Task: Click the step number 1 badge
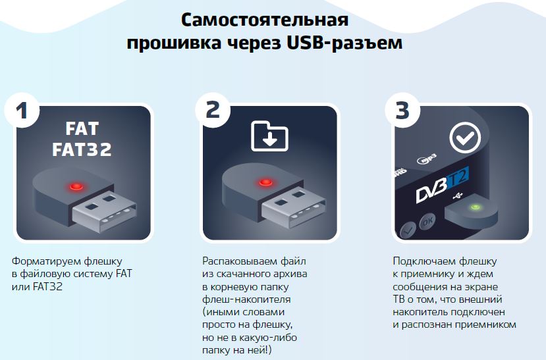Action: [x=22, y=111]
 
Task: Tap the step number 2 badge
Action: [x=213, y=111]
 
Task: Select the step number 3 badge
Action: [x=402, y=111]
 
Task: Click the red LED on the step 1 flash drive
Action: [x=76, y=186]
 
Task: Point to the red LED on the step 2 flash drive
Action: [x=265, y=182]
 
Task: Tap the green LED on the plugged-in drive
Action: [x=476, y=208]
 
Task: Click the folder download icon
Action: [x=269, y=136]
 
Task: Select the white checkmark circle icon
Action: [x=465, y=138]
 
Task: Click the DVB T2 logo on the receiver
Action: [x=442, y=184]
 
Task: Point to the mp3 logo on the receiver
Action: [x=427, y=159]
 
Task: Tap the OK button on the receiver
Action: [x=427, y=221]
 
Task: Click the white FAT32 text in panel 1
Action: [x=82, y=149]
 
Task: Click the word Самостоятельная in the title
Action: [x=265, y=20]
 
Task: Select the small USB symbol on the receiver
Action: [x=458, y=196]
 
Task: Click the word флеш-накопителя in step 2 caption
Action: [x=246, y=299]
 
